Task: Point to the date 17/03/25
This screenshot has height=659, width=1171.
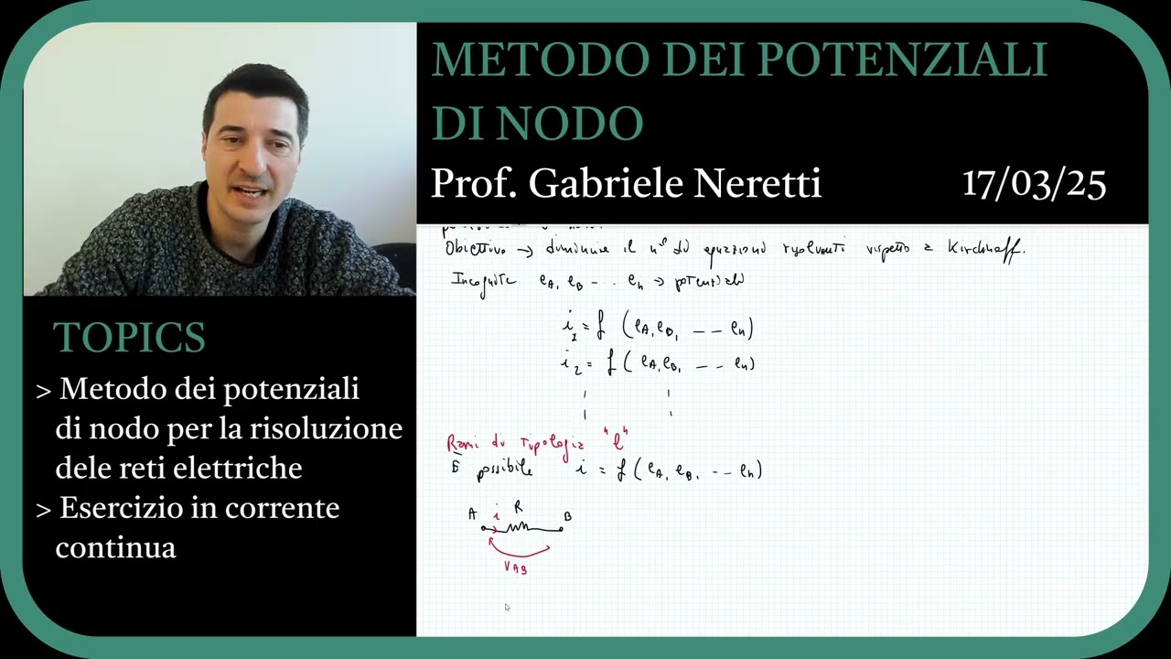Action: (x=1034, y=184)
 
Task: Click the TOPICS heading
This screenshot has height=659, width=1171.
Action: (x=129, y=338)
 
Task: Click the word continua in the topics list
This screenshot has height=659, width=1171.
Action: (x=115, y=547)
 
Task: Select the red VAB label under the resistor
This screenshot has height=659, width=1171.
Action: (x=515, y=567)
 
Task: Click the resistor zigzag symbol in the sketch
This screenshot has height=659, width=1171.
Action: (x=519, y=528)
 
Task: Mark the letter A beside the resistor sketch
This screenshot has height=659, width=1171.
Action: (x=472, y=514)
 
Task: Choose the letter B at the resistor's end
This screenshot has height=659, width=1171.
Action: (x=567, y=517)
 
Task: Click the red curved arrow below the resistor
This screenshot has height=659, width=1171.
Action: (x=519, y=550)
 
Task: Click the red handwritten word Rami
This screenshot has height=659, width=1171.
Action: (x=461, y=444)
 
